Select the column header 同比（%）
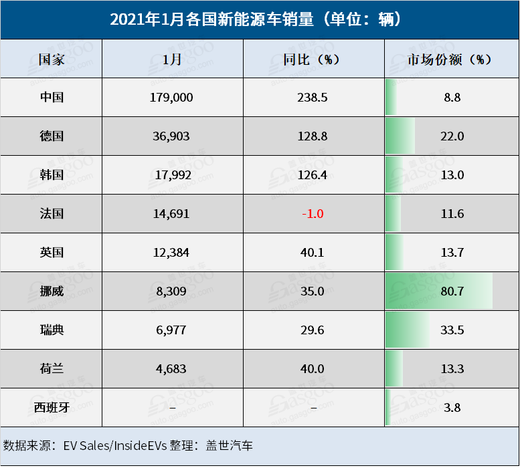tap(312, 59)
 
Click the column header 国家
tap(52, 59)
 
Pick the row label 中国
tap(52, 97)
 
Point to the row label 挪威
tap(52, 291)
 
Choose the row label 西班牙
tap(52, 406)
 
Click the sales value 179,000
tap(172, 97)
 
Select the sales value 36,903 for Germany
tap(172, 136)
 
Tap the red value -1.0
tap(312, 214)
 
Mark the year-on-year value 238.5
tap(312, 97)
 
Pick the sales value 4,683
tap(172, 368)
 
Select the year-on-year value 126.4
tap(312, 175)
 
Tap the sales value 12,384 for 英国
tap(172, 252)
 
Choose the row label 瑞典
tap(52, 330)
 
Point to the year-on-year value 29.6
tap(312, 330)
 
